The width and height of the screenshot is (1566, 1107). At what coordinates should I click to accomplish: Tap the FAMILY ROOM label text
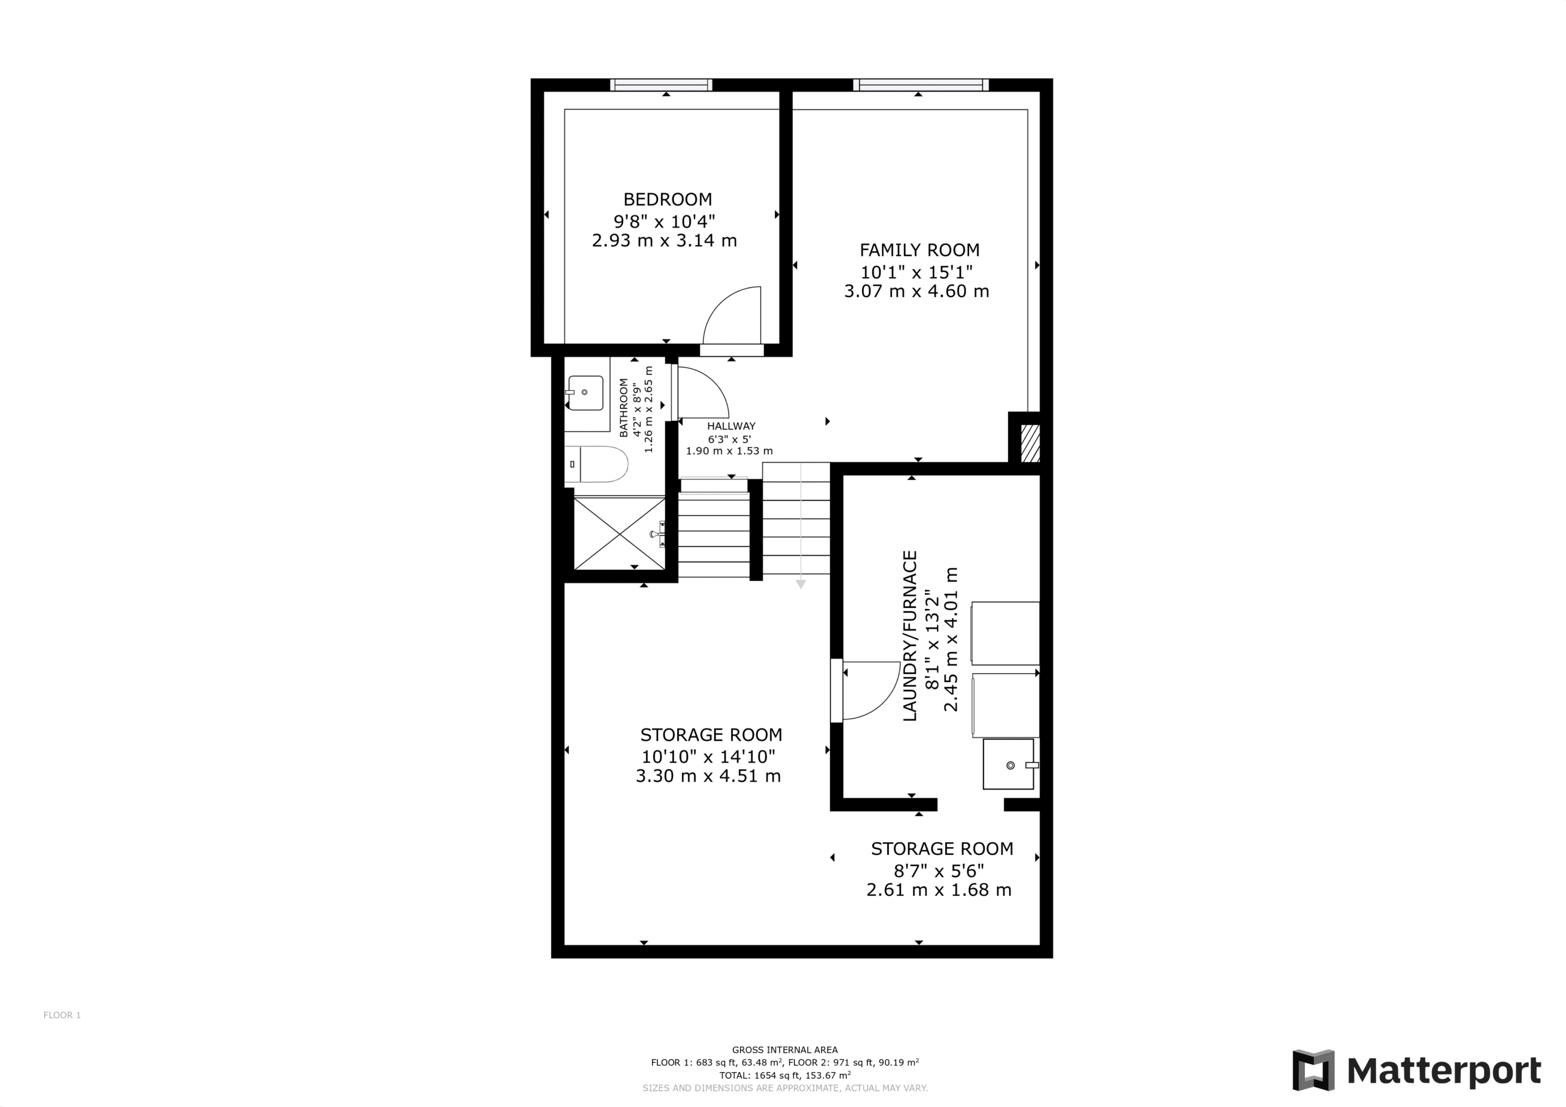click(x=919, y=250)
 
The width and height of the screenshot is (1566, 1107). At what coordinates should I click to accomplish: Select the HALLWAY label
click(x=731, y=426)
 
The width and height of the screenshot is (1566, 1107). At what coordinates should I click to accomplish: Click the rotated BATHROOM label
click(x=623, y=407)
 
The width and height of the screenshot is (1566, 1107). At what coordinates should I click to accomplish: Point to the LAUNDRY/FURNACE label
click(x=911, y=635)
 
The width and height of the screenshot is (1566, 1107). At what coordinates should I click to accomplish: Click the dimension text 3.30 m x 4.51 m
click(x=708, y=776)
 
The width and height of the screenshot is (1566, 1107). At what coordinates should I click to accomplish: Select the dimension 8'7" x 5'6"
click(x=939, y=871)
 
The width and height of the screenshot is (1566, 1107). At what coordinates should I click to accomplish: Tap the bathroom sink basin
click(x=585, y=393)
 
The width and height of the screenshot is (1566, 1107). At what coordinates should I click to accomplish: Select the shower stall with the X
click(x=619, y=533)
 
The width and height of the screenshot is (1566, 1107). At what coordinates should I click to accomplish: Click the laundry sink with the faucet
click(x=1009, y=765)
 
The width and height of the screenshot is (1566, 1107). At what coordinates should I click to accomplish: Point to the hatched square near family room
click(x=1030, y=443)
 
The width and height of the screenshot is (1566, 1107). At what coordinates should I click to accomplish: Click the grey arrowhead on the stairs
click(x=801, y=584)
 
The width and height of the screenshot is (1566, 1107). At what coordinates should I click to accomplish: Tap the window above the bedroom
click(x=661, y=84)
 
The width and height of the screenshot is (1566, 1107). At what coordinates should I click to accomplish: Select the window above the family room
click(x=920, y=84)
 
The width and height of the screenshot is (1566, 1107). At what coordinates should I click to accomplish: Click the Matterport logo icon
click(x=1313, y=1070)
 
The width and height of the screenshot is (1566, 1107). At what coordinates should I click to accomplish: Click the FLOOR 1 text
click(x=62, y=1015)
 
